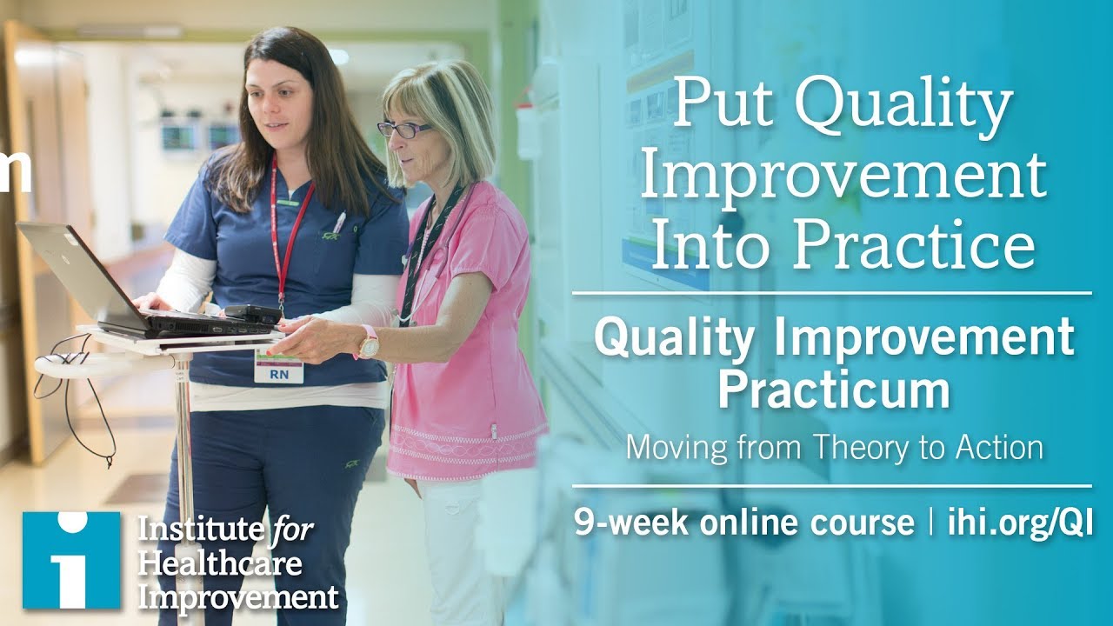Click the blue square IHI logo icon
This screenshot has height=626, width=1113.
tap(71, 559)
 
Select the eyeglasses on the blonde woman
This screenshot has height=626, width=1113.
tap(404, 130)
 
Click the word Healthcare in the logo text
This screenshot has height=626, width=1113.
tap(219, 563)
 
